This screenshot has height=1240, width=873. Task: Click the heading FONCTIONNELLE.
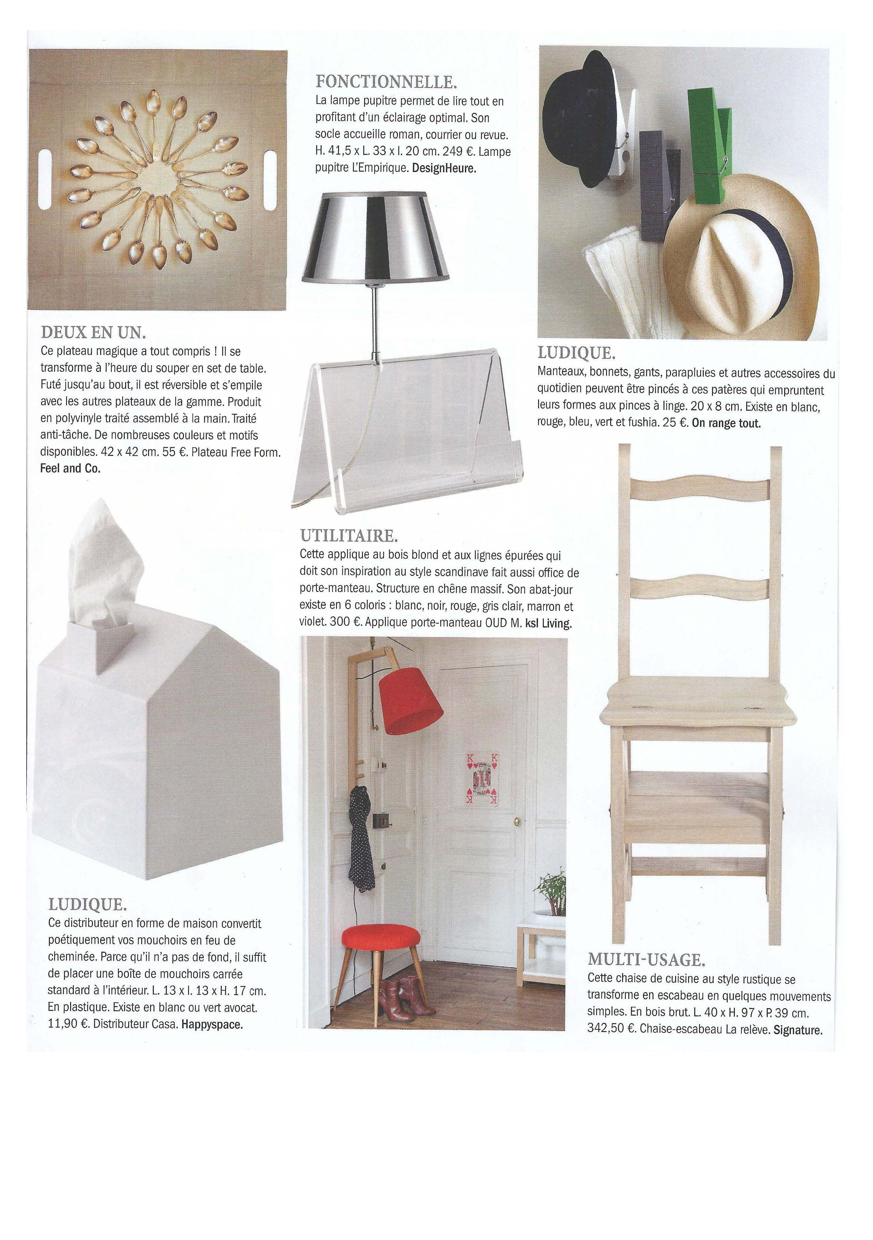point(386,82)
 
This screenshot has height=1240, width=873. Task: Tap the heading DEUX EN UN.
point(93,331)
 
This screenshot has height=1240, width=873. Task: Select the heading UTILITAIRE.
point(349,536)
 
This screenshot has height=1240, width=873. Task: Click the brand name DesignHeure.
point(444,168)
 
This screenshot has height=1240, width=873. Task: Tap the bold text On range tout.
point(726,423)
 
